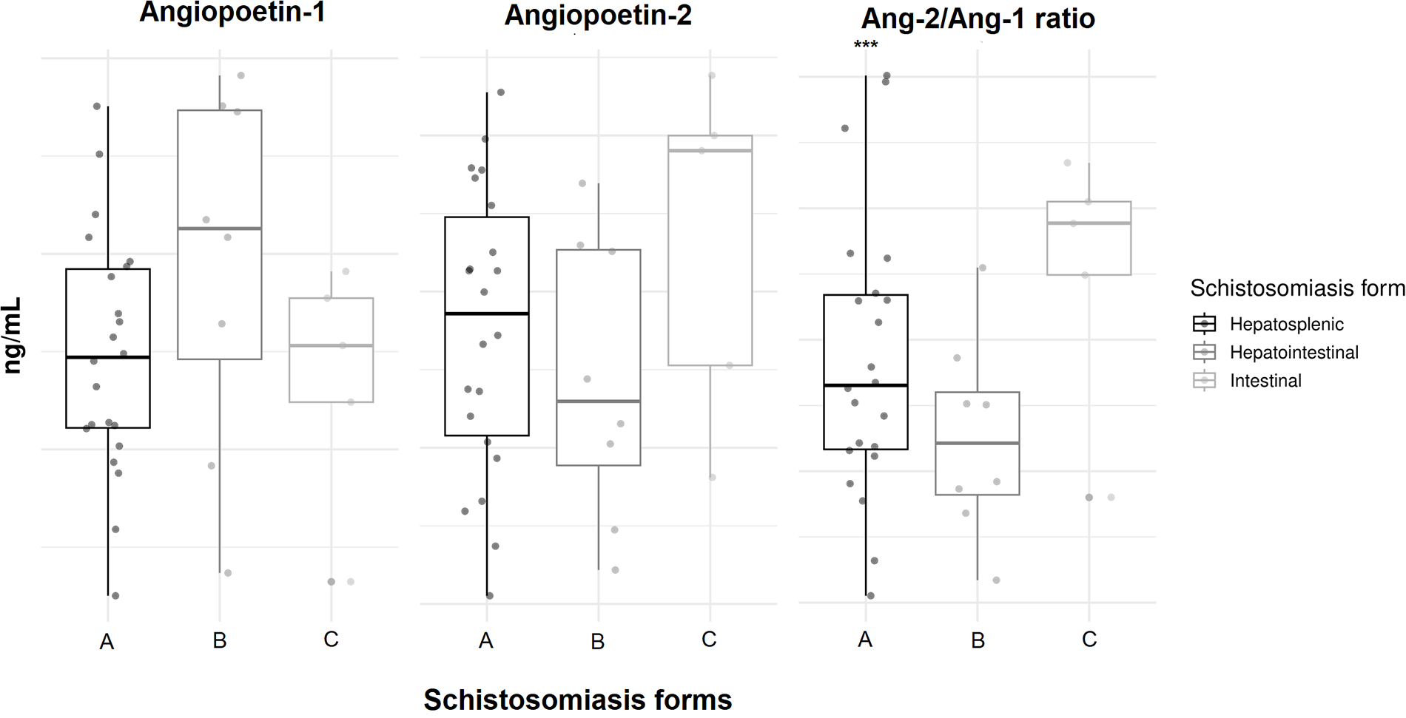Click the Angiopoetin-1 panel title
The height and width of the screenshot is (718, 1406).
(232, 13)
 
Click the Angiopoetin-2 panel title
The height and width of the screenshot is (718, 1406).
(598, 15)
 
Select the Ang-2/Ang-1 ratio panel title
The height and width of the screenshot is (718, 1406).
(978, 18)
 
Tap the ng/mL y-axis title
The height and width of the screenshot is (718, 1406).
(13, 336)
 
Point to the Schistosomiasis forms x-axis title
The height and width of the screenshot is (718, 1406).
(577, 699)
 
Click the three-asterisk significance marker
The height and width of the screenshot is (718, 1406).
(865, 45)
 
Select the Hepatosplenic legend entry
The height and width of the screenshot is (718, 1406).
(1286, 324)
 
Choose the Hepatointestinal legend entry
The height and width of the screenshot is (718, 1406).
(1294, 353)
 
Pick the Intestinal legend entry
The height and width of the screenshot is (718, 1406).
(1265, 381)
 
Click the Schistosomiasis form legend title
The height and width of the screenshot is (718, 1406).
(1296, 288)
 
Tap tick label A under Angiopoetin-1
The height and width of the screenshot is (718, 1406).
(107, 642)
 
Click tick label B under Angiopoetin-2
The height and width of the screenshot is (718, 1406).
(598, 642)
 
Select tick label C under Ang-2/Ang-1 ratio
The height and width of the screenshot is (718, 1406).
(1089, 640)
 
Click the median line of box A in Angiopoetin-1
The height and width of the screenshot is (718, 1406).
(108, 357)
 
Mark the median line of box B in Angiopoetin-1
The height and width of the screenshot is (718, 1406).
(220, 228)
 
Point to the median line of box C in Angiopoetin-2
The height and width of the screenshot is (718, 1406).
(710, 151)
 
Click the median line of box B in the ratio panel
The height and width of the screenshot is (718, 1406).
(978, 443)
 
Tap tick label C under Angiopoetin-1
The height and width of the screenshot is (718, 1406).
(331, 640)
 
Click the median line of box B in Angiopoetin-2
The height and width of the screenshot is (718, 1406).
(599, 402)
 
